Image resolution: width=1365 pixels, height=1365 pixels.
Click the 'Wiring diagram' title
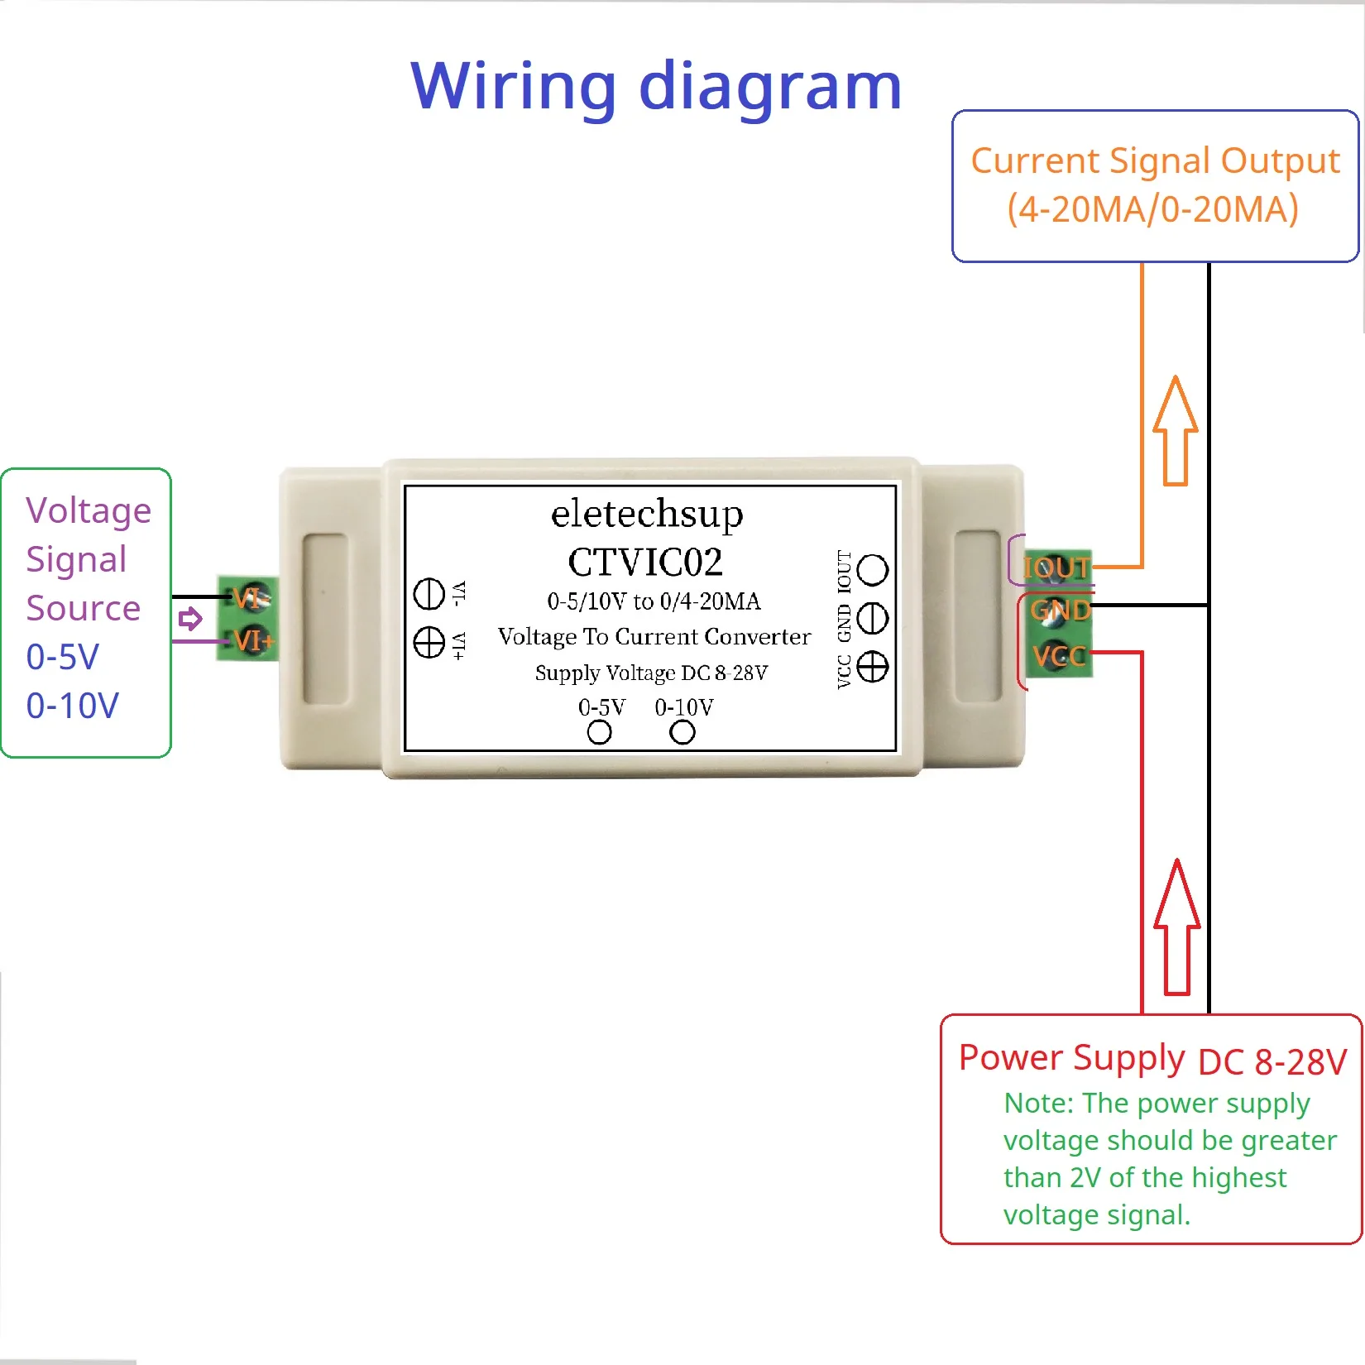tap(656, 86)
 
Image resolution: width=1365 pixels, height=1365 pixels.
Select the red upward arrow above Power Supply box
tap(1176, 927)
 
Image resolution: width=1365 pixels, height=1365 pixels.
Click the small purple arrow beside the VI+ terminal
tap(190, 619)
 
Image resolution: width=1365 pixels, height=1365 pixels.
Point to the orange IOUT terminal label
tap(1056, 568)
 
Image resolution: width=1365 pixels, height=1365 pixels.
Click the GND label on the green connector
tap(1060, 611)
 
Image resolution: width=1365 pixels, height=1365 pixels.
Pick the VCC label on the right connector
tap(1058, 657)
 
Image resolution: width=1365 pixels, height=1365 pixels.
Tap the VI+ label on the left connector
tap(253, 640)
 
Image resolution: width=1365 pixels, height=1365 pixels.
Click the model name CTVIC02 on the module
tap(645, 563)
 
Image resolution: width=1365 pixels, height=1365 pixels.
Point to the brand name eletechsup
tap(647, 514)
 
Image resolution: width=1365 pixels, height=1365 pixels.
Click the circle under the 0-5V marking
tap(599, 732)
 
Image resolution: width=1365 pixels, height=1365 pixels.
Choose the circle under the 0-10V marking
tap(682, 732)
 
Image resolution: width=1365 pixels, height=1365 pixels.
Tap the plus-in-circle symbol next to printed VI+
tap(429, 642)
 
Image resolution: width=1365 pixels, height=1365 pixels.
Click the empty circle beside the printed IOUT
tap(872, 569)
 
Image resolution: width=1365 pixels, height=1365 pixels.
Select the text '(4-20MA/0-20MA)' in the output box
tap(1152, 209)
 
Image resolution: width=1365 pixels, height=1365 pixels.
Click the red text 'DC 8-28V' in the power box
tap(1272, 1062)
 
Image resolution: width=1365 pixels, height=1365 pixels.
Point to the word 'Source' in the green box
tap(83, 608)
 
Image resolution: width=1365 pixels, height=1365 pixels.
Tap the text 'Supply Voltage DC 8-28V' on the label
tap(651, 673)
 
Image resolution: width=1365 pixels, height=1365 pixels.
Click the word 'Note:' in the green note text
tap(1038, 1104)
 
